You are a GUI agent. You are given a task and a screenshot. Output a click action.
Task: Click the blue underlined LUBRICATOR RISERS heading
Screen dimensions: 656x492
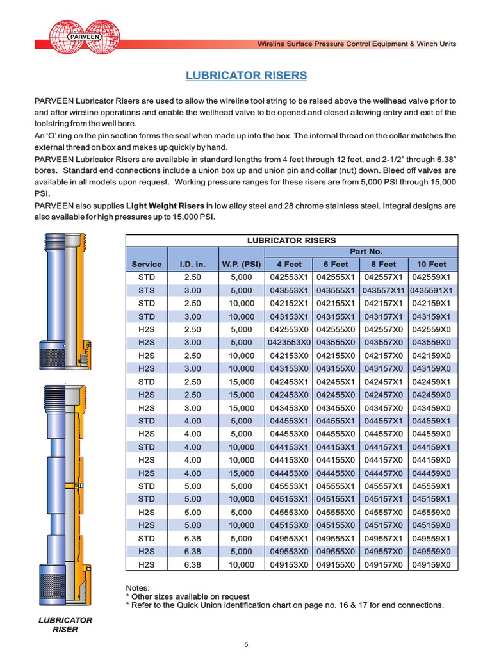(x=246, y=76)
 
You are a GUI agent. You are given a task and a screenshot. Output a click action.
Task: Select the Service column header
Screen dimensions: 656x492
(x=147, y=264)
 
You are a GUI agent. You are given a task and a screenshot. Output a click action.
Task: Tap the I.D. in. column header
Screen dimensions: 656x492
(x=192, y=264)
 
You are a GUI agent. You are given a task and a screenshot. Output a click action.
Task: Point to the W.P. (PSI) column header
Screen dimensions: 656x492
(x=241, y=264)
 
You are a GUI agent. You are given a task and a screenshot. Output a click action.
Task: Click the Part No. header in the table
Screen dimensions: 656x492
(x=361, y=252)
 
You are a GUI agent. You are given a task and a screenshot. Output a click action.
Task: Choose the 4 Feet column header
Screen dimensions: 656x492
(x=288, y=264)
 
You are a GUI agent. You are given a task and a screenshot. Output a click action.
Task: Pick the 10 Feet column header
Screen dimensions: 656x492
(x=431, y=264)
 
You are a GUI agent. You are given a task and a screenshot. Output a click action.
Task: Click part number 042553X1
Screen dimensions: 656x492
(x=288, y=277)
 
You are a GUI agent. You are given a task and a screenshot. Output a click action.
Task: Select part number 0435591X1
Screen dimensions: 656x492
(x=431, y=290)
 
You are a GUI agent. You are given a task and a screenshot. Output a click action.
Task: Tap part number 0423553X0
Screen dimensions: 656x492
(x=288, y=343)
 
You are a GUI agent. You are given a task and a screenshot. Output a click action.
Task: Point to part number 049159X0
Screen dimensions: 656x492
(x=431, y=564)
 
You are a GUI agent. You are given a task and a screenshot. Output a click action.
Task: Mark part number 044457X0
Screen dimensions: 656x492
(x=383, y=473)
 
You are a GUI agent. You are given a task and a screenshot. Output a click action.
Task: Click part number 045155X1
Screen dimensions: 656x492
(x=336, y=499)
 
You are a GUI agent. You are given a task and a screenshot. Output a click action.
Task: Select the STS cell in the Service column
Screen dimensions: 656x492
(x=147, y=290)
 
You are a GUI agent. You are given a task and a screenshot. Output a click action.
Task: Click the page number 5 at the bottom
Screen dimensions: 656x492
(x=246, y=644)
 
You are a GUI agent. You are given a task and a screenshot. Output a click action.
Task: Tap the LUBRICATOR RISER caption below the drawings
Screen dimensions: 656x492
(x=65, y=625)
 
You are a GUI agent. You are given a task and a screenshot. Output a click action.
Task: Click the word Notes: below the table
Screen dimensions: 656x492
(x=138, y=587)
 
